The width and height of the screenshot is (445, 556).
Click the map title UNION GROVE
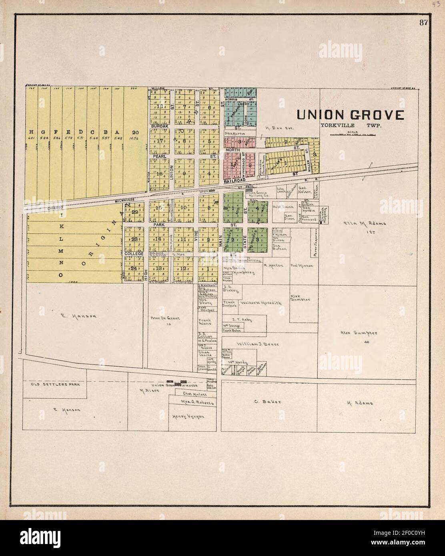point(350,115)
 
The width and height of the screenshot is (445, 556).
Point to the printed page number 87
point(424,22)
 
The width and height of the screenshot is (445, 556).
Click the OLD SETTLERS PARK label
point(56,384)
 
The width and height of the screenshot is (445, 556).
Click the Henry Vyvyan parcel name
point(188,417)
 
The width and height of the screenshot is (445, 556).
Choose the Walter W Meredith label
point(261,303)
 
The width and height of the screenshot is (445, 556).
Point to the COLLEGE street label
point(134,254)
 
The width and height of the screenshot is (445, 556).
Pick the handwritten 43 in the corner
point(437,4)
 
